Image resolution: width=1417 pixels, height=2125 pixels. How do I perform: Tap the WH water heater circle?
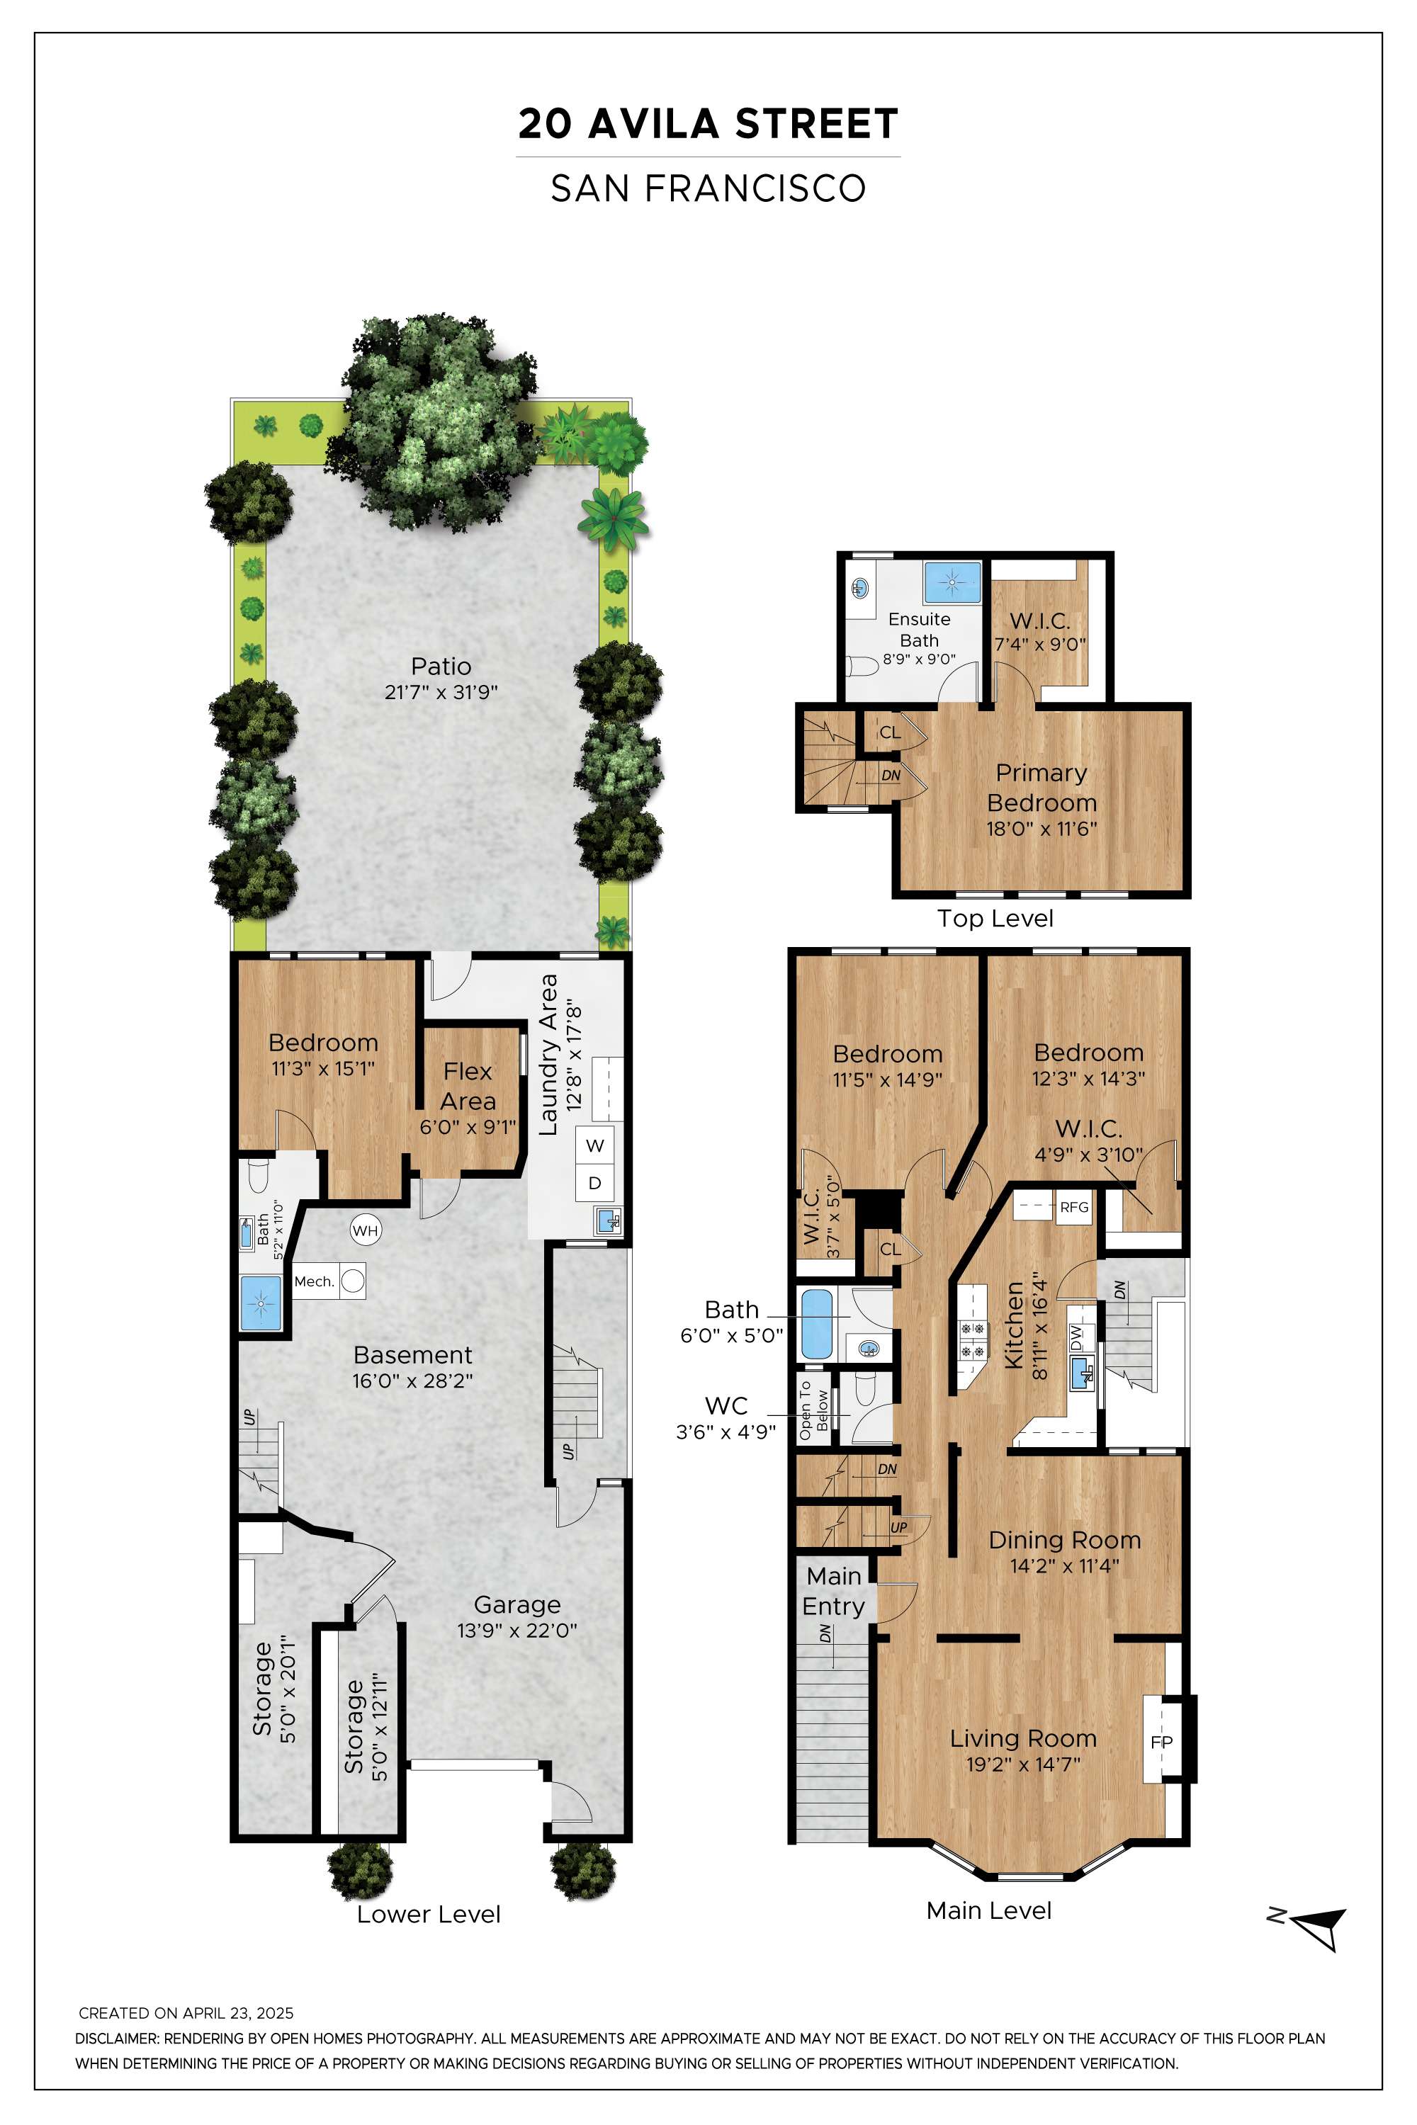tap(365, 1230)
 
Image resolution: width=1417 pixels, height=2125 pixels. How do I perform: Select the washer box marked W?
tap(594, 1145)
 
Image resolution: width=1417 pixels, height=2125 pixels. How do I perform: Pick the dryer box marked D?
tap(594, 1183)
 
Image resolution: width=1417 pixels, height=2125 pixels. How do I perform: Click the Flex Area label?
tap(468, 1086)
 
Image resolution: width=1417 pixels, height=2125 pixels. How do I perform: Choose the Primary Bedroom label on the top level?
tap(1042, 788)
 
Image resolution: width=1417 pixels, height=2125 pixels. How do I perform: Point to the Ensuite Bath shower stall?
tap(952, 583)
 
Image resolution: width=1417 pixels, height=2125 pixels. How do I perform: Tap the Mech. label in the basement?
tap(315, 1281)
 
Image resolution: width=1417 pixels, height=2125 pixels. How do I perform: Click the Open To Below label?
tap(813, 1410)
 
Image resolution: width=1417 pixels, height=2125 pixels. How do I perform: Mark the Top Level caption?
tap(995, 918)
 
